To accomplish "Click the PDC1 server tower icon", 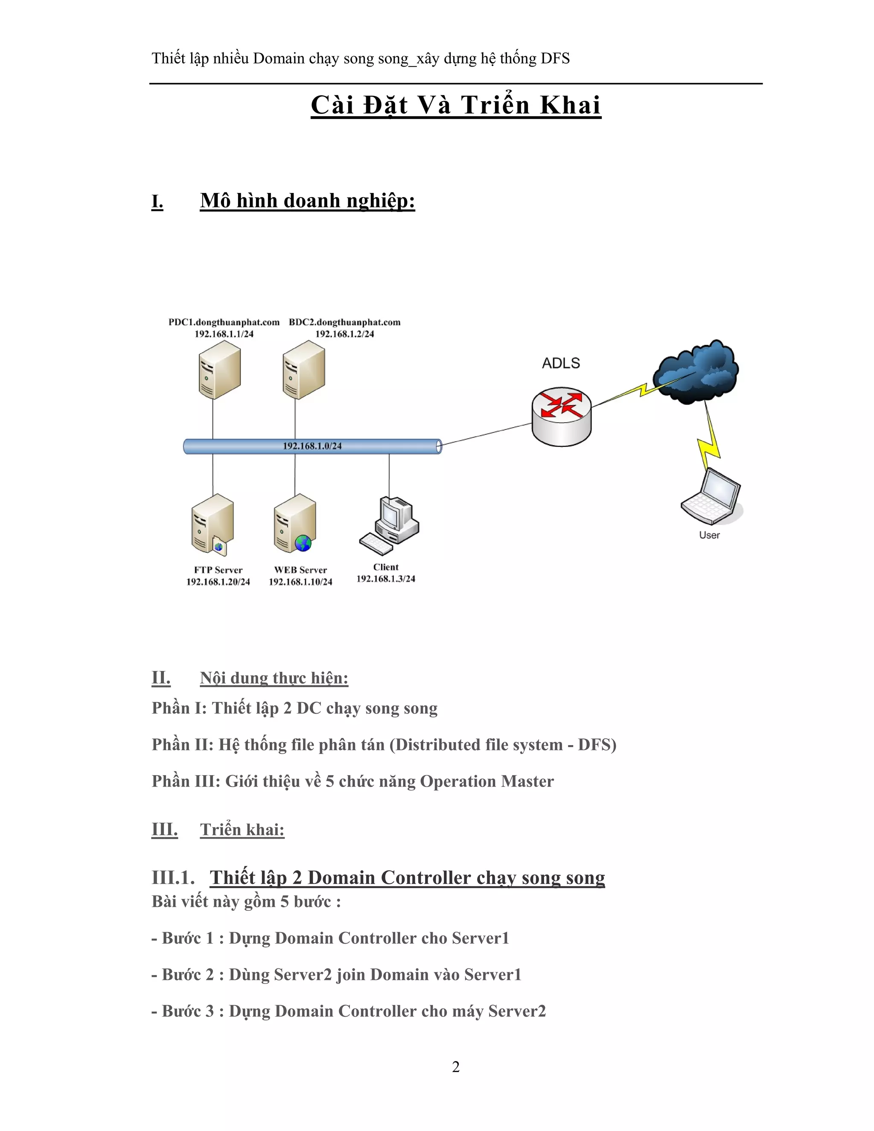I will (x=219, y=373).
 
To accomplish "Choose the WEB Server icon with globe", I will (x=295, y=523).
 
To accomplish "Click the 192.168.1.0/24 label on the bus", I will (x=312, y=446).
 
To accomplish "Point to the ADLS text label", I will (x=561, y=363).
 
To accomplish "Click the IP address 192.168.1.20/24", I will (x=218, y=582).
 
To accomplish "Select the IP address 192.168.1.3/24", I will (x=386, y=579).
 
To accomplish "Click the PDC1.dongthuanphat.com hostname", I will (x=224, y=322).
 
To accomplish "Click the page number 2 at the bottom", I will (x=456, y=1067).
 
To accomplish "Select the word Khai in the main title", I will (x=570, y=105).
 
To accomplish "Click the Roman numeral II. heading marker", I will (x=161, y=678).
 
